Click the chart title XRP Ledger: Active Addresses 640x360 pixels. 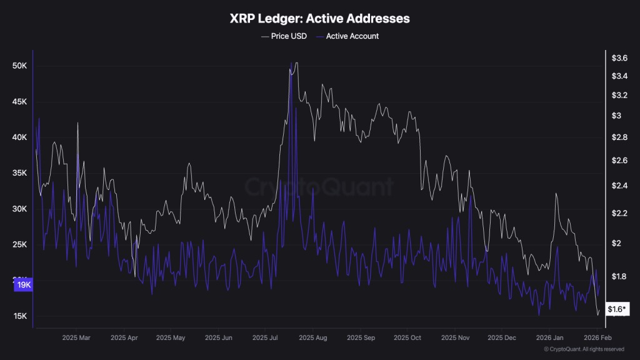[319, 19]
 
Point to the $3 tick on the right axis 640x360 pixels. [616, 116]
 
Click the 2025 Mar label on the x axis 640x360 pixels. [76, 337]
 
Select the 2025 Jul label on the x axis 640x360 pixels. [265, 337]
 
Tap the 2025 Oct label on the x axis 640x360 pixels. [407, 337]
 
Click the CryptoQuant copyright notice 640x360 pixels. [584, 349]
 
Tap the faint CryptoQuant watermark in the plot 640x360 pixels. [319, 187]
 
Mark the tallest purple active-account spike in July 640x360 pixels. [291, 64]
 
